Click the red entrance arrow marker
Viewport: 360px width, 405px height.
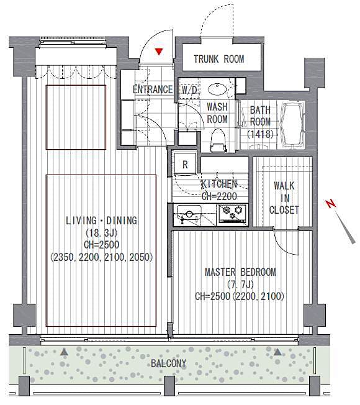tap(160, 52)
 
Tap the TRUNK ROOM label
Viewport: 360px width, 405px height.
tap(218, 60)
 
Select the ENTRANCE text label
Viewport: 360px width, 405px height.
tap(153, 89)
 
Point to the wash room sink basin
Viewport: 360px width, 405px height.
tap(217, 89)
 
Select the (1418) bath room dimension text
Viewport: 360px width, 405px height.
tap(259, 134)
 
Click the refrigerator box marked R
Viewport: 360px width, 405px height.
tap(185, 165)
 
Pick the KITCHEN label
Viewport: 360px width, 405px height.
tap(218, 184)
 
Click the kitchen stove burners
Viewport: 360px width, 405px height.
tap(233, 214)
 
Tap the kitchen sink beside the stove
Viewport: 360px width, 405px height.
tap(189, 216)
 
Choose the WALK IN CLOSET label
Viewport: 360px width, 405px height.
tap(284, 198)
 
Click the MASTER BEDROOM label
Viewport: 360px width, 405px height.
tap(240, 272)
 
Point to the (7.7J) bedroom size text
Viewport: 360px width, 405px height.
tap(240, 284)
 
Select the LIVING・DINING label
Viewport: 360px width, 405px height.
tap(101, 221)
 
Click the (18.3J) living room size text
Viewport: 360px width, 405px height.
tap(101, 232)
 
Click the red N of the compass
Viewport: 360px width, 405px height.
tap(331, 203)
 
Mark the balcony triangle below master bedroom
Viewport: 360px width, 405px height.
tap(277, 352)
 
